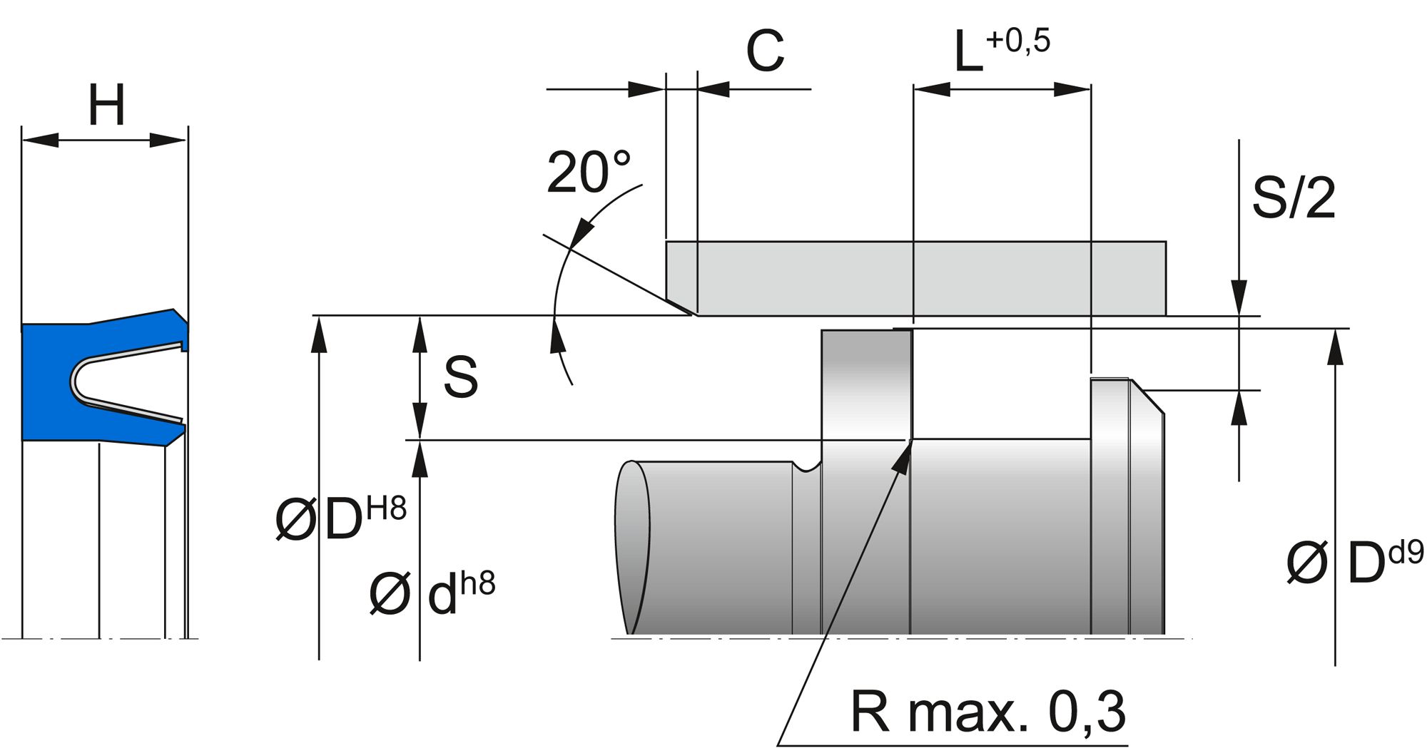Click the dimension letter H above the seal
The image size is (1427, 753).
coord(106,106)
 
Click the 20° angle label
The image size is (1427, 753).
coord(589,173)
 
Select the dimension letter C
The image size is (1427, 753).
coord(765,51)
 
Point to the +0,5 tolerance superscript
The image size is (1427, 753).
coord(1018,41)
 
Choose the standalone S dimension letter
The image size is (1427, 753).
coord(460,377)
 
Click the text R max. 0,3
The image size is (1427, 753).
coord(988,711)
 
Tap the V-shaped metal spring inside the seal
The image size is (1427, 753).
coord(121,381)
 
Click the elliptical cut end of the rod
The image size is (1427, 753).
coord(632,547)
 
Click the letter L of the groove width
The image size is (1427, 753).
coord(968,54)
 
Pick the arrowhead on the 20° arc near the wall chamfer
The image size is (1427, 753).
coord(585,230)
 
